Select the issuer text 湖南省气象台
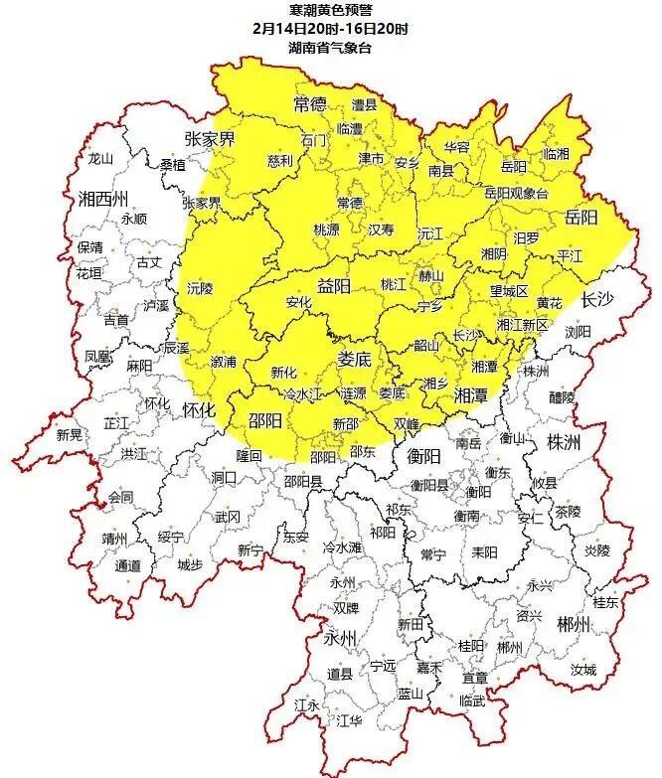(331, 47)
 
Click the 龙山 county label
(101, 158)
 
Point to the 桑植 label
(173, 165)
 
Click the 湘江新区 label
(522, 324)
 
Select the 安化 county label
(298, 302)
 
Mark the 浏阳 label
(578, 332)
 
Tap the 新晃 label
(70, 434)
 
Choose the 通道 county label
(127, 565)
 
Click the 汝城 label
(582, 670)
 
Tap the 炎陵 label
(596, 549)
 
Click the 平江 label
(571, 255)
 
